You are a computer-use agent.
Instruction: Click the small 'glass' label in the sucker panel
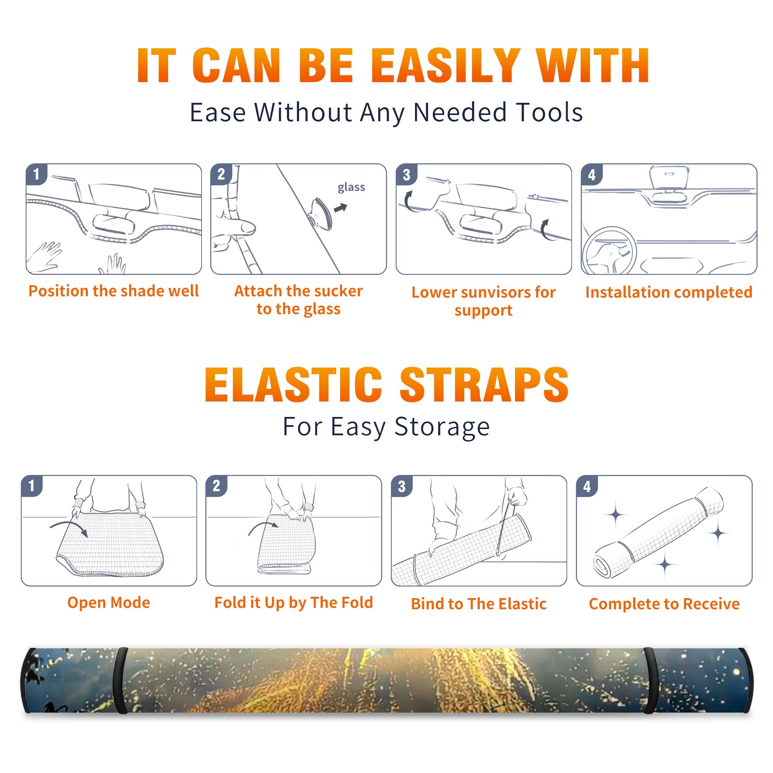pyautogui.click(x=351, y=187)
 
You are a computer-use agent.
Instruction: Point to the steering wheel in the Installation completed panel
pyautogui.click(x=609, y=251)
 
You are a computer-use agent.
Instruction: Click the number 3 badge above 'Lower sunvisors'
pyautogui.click(x=406, y=174)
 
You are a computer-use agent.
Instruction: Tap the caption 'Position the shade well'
pyautogui.click(x=114, y=291)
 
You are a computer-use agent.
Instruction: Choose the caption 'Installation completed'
pyautogui.click(x=669, y=292)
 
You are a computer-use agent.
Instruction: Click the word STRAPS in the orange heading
pyautogui.click(x=484, y=385)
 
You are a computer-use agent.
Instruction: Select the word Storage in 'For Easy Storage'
pyautogui.click(x=442, y=427)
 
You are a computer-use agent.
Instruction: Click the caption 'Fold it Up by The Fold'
pyautogui.click(x=294, y=602)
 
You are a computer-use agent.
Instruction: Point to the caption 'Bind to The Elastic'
pyautogui.click(x=479, y=604)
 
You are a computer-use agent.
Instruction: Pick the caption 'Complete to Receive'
pyautogui.click(x=664, y=604)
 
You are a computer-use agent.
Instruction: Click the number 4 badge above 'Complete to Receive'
pyautogui.click(x=587, y=486)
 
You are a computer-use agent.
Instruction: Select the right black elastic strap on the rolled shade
pyautogui.click(x=650, y=681)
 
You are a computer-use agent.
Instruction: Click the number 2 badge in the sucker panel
pyautogui.click(x=221, y=174)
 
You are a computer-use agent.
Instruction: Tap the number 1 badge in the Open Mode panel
pyautogui.click(x=32, y=486)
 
